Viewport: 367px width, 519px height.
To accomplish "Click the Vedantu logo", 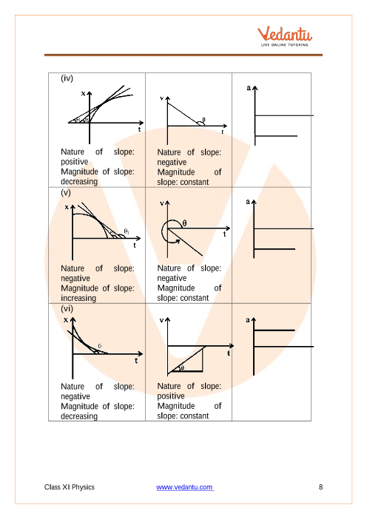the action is click(285, 35).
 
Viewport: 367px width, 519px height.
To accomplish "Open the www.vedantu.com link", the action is click(185, 487).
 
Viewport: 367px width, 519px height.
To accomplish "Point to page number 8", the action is click(320, 487).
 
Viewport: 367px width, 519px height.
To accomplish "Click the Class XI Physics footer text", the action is click(70, 487).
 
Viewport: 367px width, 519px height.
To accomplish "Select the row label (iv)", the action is click(67, 78).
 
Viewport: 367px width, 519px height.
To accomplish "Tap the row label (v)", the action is click(66, 193).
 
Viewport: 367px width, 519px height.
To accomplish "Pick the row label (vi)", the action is click(67, 309).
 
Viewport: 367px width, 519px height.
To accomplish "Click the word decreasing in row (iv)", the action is click(79, 182).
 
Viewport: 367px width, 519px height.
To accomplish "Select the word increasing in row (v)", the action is click(78, 298).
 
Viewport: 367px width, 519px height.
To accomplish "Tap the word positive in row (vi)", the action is click(171, 396).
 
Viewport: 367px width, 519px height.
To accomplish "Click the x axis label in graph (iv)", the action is click(84, 94).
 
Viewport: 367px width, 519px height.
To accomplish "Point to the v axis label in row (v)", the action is click(162, 203).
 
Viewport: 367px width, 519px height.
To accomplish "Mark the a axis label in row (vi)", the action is click(248, 319).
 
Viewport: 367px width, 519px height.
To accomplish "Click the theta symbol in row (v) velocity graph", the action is click(184, 223).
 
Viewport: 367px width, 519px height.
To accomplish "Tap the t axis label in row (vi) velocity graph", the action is click(229, 353).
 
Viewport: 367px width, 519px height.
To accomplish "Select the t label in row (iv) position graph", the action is click(139, 129).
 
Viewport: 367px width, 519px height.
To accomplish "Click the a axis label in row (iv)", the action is click(249, 88).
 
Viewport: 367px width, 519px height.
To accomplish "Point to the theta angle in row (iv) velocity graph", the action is click(203, 120).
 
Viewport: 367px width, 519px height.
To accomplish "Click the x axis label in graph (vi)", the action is click(66, 320).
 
